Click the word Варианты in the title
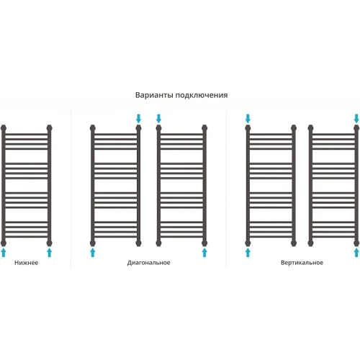155,95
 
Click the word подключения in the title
202,96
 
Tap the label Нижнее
27,263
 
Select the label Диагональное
148,263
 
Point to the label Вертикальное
302,263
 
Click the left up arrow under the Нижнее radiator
4,253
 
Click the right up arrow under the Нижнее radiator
49,253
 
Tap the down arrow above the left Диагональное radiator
138,119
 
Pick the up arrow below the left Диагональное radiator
93,253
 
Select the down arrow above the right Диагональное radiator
158,119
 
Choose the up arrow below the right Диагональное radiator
204,253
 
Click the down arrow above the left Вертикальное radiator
248,119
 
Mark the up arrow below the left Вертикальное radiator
248,253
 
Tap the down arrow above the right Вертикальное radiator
356,119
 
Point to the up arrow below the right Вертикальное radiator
356,253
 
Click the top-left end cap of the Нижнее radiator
4,128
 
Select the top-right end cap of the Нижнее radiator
49,128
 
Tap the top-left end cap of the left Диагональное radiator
93,128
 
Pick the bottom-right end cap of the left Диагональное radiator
138,243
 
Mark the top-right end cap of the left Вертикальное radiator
294,128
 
